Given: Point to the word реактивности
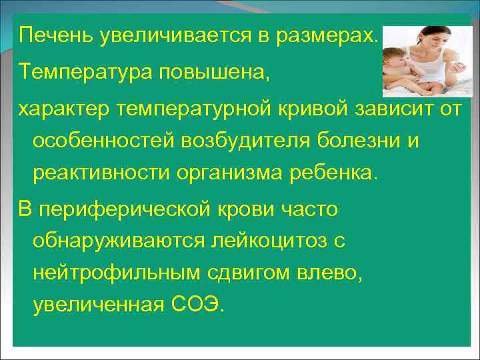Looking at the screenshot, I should (x=101, y=174).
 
